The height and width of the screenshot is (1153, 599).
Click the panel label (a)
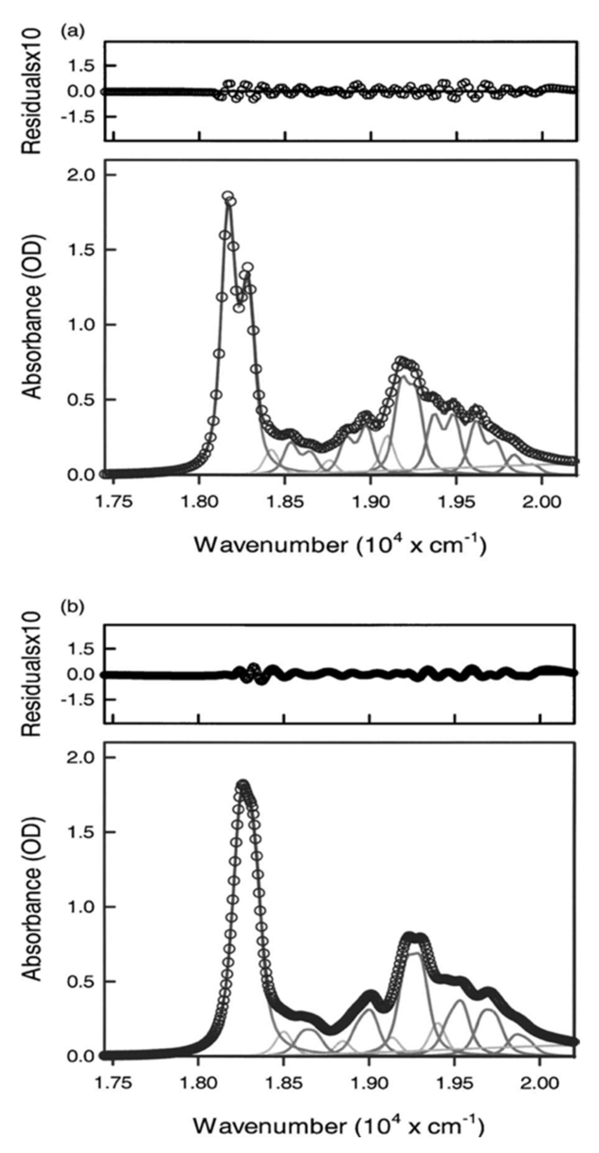[x=72, y=32]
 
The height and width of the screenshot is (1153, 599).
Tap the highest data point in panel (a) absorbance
[x=228, y=196]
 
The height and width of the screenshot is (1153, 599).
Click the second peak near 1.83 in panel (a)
[x=248, y=268]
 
